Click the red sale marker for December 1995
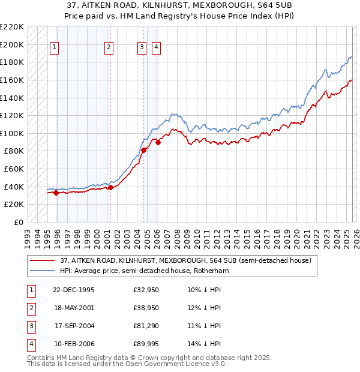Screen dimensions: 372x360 (56, 193)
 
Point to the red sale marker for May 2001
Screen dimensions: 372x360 (110, 187)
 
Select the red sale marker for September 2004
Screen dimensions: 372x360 (144, 150)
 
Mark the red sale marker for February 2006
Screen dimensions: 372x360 (158, 142)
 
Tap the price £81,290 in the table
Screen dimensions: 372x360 (149, 326)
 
